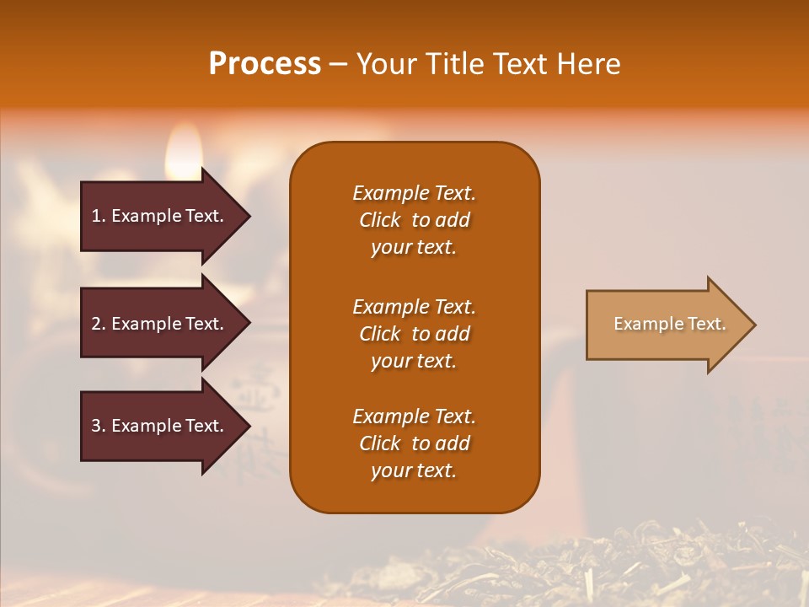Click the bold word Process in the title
click(x=265, y=64)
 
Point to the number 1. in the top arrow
click(x=99, y=216)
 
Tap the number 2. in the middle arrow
click(x=99, y=324)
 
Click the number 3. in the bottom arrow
click(x=99, y=426)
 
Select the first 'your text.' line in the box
click(x=414, y=248)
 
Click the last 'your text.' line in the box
click(x=414, y=471)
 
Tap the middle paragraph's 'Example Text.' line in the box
click(x=414, y=306)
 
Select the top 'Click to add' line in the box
click(x=414, y=220)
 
